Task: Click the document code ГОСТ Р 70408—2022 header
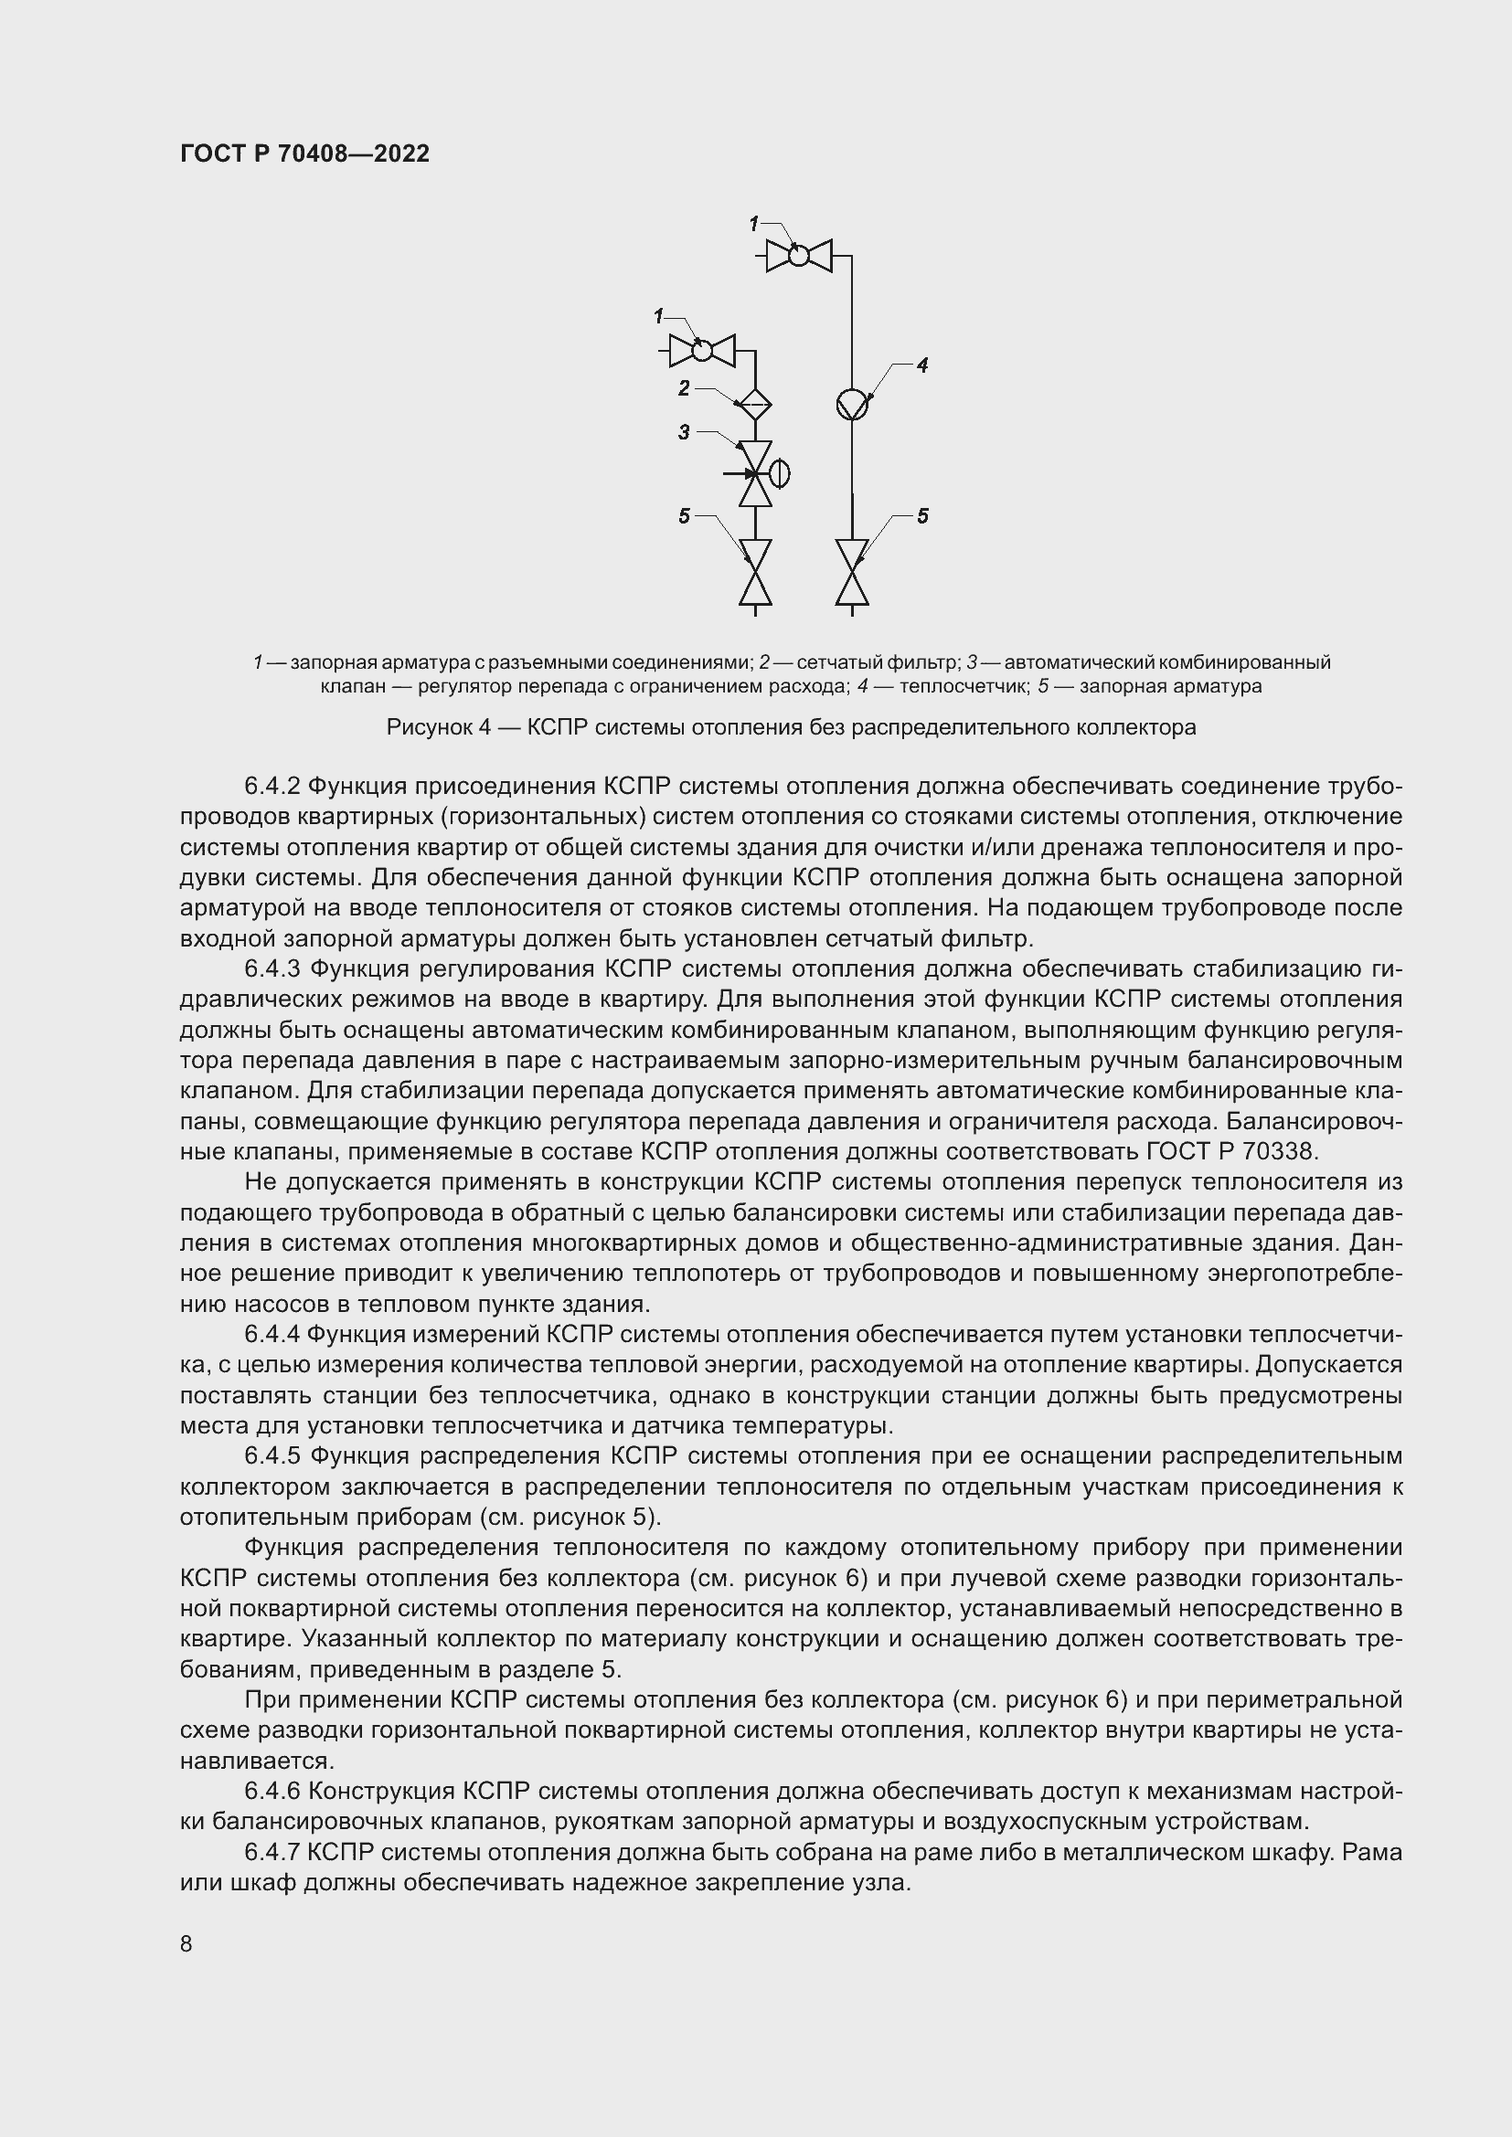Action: [304, 154]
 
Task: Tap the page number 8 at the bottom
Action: [186, 1943]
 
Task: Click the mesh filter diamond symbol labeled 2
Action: [754, 404]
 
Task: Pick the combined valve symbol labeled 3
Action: [755, 474]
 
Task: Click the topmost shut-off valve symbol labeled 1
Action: [799, 254]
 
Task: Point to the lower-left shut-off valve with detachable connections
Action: [702, 351]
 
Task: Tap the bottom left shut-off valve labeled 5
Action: [755, 573]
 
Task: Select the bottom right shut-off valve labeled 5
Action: [852, 573]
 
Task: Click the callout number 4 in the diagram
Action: [921, 365]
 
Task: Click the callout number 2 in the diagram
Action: [685, 388]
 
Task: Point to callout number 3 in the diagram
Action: [685, 432]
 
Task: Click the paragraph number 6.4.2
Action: [271, 787]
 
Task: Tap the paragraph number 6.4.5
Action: [272, 1455]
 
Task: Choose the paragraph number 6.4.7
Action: [271, 1852]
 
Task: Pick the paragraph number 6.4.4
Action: [271, 1334]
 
